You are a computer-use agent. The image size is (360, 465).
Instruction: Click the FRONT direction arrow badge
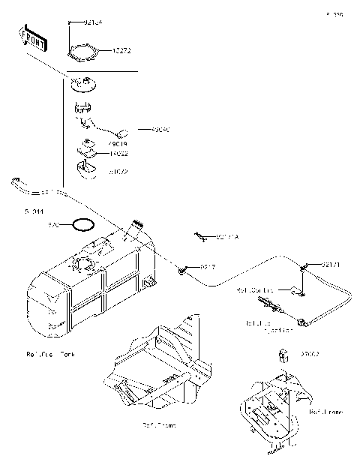coord(32,40)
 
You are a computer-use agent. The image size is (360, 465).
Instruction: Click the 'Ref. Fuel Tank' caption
coord(51,352)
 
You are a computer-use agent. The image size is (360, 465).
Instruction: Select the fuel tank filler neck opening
coord(136,223)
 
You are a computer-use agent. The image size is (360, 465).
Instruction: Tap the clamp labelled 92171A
coord(201,237)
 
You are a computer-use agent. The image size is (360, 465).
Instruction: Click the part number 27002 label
coord(310,353)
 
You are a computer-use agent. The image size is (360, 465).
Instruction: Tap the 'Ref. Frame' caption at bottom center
coord(159,425)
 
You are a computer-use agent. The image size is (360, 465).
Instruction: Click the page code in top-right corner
coord(334,14)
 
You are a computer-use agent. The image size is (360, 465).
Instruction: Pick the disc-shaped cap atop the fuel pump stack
coord(85,83)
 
